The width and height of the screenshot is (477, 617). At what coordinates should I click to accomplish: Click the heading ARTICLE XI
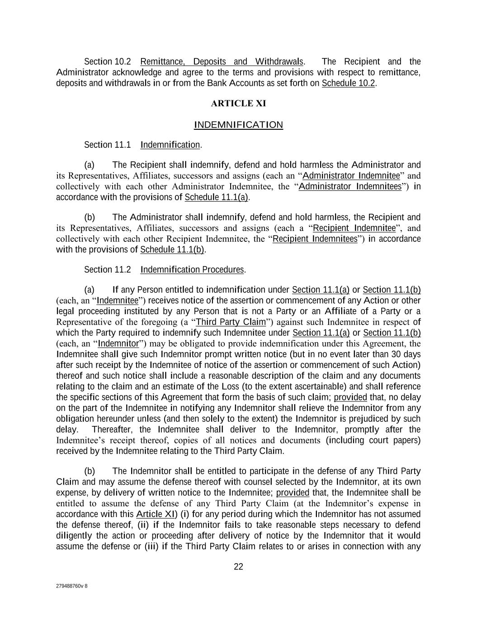[238, 104]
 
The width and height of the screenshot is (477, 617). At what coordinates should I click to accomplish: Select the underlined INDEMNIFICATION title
[238, 125]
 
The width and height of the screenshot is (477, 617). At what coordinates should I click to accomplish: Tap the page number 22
[238, 567]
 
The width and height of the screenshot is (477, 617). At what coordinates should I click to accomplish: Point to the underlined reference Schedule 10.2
[348, 83]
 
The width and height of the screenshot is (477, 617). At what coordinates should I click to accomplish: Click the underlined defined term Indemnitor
[118, 344]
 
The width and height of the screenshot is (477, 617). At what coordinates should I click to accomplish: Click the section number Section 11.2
[107, 270]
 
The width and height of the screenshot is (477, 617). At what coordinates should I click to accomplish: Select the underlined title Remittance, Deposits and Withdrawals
[222, 61]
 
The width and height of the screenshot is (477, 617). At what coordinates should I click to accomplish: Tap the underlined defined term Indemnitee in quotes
[118, 301]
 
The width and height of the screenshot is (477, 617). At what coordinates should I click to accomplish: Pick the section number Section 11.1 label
[107, 145]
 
